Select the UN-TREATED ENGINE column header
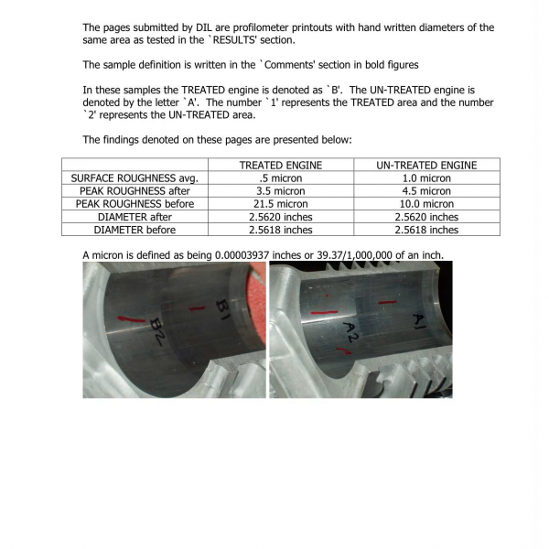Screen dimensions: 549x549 [426, 165]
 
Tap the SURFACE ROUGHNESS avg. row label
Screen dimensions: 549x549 [135, 178]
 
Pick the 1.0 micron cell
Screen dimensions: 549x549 [426, 178]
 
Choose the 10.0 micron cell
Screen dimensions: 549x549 [426, 203]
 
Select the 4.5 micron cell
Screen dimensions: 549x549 [426, 190]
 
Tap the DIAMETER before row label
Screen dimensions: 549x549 [135, 229]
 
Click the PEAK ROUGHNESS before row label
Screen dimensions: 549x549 [135, 203]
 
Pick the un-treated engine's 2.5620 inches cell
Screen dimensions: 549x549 [426, 216]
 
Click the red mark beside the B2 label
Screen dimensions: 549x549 [132, 318]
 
